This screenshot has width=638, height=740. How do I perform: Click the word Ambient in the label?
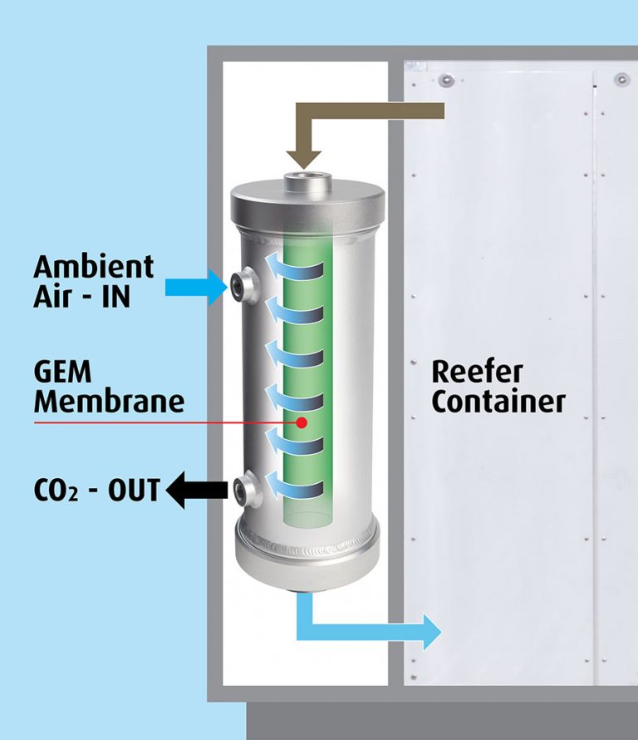click(x=93, y=267)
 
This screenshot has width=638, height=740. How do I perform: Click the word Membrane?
click(x=109, y=402)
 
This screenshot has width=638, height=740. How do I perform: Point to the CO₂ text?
click(x=54, y=490)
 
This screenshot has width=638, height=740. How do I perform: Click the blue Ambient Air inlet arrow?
click(x=196, y=288)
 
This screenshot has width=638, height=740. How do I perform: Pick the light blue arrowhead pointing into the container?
click(x=431, y=631)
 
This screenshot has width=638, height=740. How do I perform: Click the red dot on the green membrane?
click(x=302, y=422)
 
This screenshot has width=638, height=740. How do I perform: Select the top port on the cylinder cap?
click(x=307, y=182)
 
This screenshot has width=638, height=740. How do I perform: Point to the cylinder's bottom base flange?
click(x=307, y=557)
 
